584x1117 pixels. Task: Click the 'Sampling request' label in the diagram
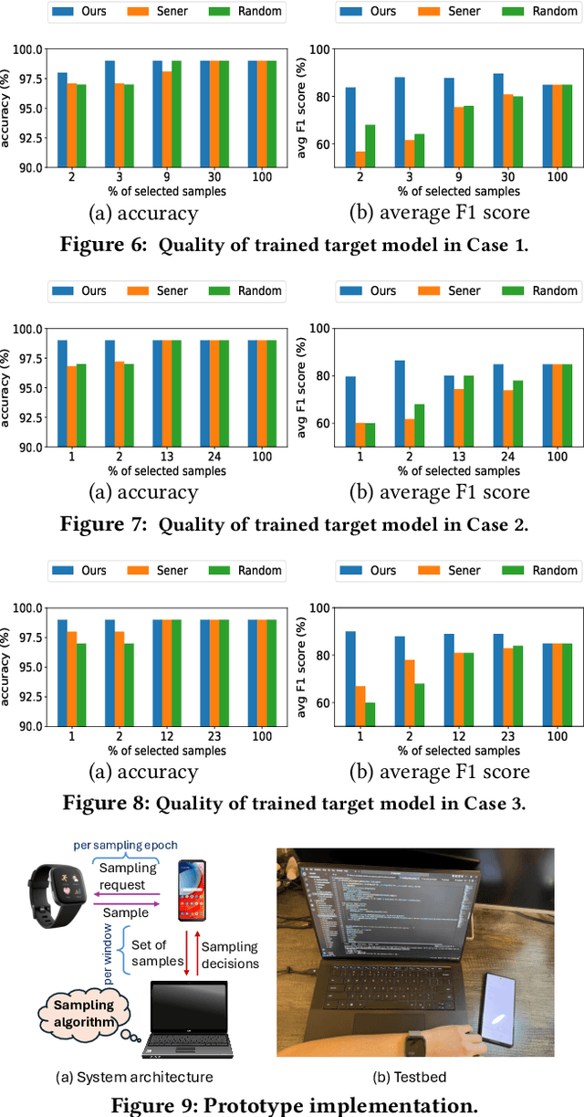pos(127,876)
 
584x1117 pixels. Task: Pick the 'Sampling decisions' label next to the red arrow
pos(230,955)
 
